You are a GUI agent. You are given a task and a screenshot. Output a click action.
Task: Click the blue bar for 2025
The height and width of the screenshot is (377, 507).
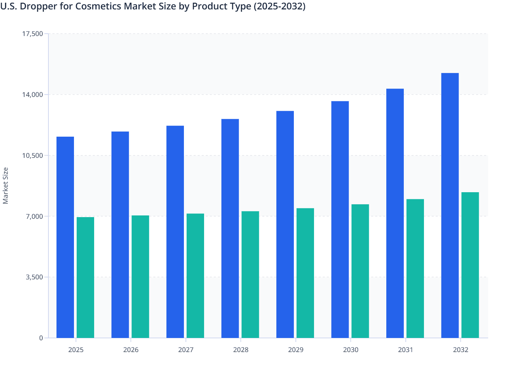pyautogui.click(x=65, y=237)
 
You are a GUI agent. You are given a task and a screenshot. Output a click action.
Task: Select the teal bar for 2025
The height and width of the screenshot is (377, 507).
pyautogui.click(x=85, y=277)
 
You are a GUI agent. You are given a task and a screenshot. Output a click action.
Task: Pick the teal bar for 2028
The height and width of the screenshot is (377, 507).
pyautogui.click(x=250, y=274)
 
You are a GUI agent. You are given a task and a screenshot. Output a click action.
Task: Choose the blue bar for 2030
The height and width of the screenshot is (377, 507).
pyautogui.click(x=340, y=219)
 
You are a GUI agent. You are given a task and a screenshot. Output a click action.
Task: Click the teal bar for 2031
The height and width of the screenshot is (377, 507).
pyautogui.click(x=415, y=268)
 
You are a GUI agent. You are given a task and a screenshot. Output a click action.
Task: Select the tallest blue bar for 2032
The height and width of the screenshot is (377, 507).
pyautogui.click(x=450, y=205)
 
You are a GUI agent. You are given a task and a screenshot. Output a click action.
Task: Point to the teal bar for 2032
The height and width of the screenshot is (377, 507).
pyautogui.click(x=470, y=265)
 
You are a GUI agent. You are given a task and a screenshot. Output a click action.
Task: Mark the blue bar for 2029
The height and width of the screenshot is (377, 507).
pyautogui.click(x=285, y=224)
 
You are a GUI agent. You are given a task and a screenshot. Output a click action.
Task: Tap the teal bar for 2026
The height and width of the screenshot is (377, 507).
pyautogui.click(x=140, y=276)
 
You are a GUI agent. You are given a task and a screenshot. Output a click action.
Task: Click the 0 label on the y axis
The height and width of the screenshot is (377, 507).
pyautogui.click(x=41, y=338)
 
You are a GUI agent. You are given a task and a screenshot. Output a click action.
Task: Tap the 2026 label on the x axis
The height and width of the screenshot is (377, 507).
pyautogui.click(x=131, y=350)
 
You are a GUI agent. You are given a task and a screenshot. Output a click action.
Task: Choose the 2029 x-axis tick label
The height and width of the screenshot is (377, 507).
pyautogui.click(x=296, y=350)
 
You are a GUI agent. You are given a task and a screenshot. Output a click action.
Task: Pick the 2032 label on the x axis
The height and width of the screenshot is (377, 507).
pyautogui.click(x=461, y=350)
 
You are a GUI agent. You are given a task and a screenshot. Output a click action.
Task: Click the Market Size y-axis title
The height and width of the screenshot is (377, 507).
pyautogui.click(x=6, y=186)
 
